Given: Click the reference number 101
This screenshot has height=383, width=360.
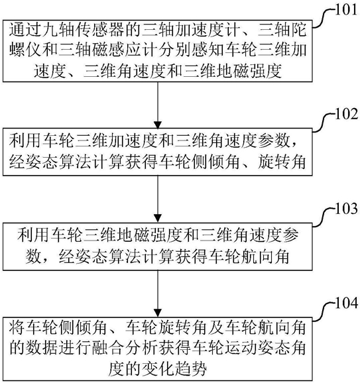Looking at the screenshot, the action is tap(345, 10).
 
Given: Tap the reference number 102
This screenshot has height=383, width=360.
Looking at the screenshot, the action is tap(346, 114).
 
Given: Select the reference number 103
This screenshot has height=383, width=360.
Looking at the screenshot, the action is tap(346, 209).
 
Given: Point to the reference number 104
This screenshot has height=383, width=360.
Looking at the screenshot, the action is tap(346, 303).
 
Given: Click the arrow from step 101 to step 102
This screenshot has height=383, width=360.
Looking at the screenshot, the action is tap(158, 105).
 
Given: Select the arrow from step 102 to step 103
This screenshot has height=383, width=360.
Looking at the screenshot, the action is tap(158, 199).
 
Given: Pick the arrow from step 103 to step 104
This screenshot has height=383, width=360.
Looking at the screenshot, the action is tap(158, 294).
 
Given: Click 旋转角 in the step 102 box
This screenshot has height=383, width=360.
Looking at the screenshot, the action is tap(282, 162).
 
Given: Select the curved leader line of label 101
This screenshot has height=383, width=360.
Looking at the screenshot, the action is tap(323, 17).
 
